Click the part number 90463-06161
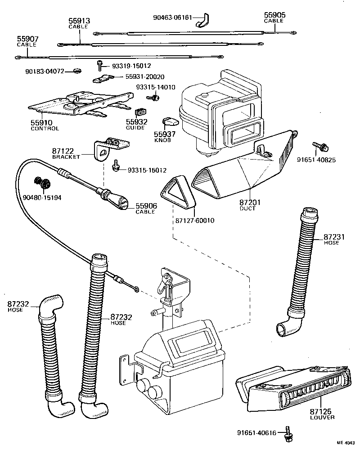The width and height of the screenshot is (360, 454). (173, 18)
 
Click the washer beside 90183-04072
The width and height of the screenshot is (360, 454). (76, 71)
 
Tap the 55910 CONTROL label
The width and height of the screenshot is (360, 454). (45, 125)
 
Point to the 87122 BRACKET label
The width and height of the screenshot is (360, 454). (66, 154)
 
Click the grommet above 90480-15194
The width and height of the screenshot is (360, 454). (43, 183)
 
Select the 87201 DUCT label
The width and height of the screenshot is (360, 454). (247, 205)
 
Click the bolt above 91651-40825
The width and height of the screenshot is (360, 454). (320, 146)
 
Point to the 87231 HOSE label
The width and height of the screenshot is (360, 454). (334, 240)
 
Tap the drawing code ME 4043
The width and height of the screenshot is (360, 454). (346, 443)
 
